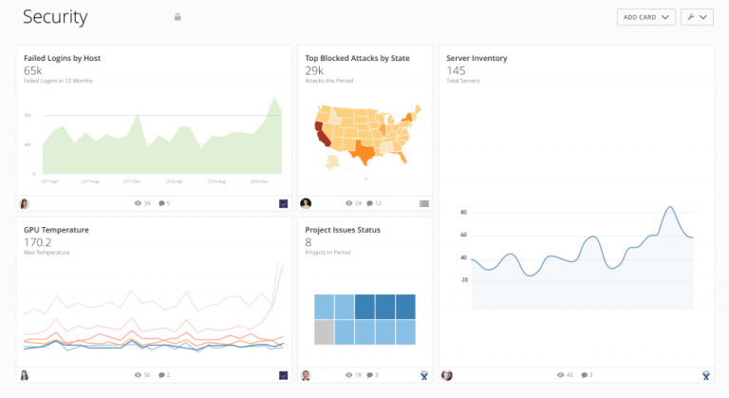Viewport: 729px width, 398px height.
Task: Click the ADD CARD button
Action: pyautogui.click(x=645, y=17)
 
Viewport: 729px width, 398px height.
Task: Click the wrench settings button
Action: pyautogui.click(x=697, y=17)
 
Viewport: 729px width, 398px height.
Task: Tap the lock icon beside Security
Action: pyautogui.click(x=177, y=17)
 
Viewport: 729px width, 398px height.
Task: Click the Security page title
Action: pyautogui.click(x=55, y=17)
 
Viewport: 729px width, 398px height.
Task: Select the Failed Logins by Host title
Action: pyautogui.click(x=62, y=58)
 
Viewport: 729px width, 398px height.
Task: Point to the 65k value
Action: pyautogui.click(x=32, y=70)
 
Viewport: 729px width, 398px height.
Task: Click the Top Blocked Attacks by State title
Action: pyautogui.click(x=357, y=58)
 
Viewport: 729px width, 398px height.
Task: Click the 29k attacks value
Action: pyautogui.click(x=314, y=70)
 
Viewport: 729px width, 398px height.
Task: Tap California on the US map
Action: pyautogui.click(x=323, y=133)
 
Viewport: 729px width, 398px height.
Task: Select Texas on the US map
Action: pyautogui.click(x=362, y=152)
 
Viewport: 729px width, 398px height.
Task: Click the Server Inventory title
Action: pyautogui.click(x=477, y=58)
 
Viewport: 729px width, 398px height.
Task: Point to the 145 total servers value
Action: pyautogui.click(x=456, y=70)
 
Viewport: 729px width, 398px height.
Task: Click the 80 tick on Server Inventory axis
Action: pyautogui.click(x=464, y=212)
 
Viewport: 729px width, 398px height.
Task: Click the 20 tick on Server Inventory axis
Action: pyautogui.click(x=464, y=279)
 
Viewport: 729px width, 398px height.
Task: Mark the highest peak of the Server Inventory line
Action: pyautogui.click(x=669, y=207)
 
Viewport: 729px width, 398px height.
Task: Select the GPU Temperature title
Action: pyautogui.click(x=56, y=230)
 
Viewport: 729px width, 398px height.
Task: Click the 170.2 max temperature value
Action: pyautogui.click(x=37, y=242)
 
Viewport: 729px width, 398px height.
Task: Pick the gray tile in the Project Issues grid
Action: pyautogui.click(x=324, y=332)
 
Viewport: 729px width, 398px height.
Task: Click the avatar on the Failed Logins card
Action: pyautogui.click(x=24, y=203)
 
